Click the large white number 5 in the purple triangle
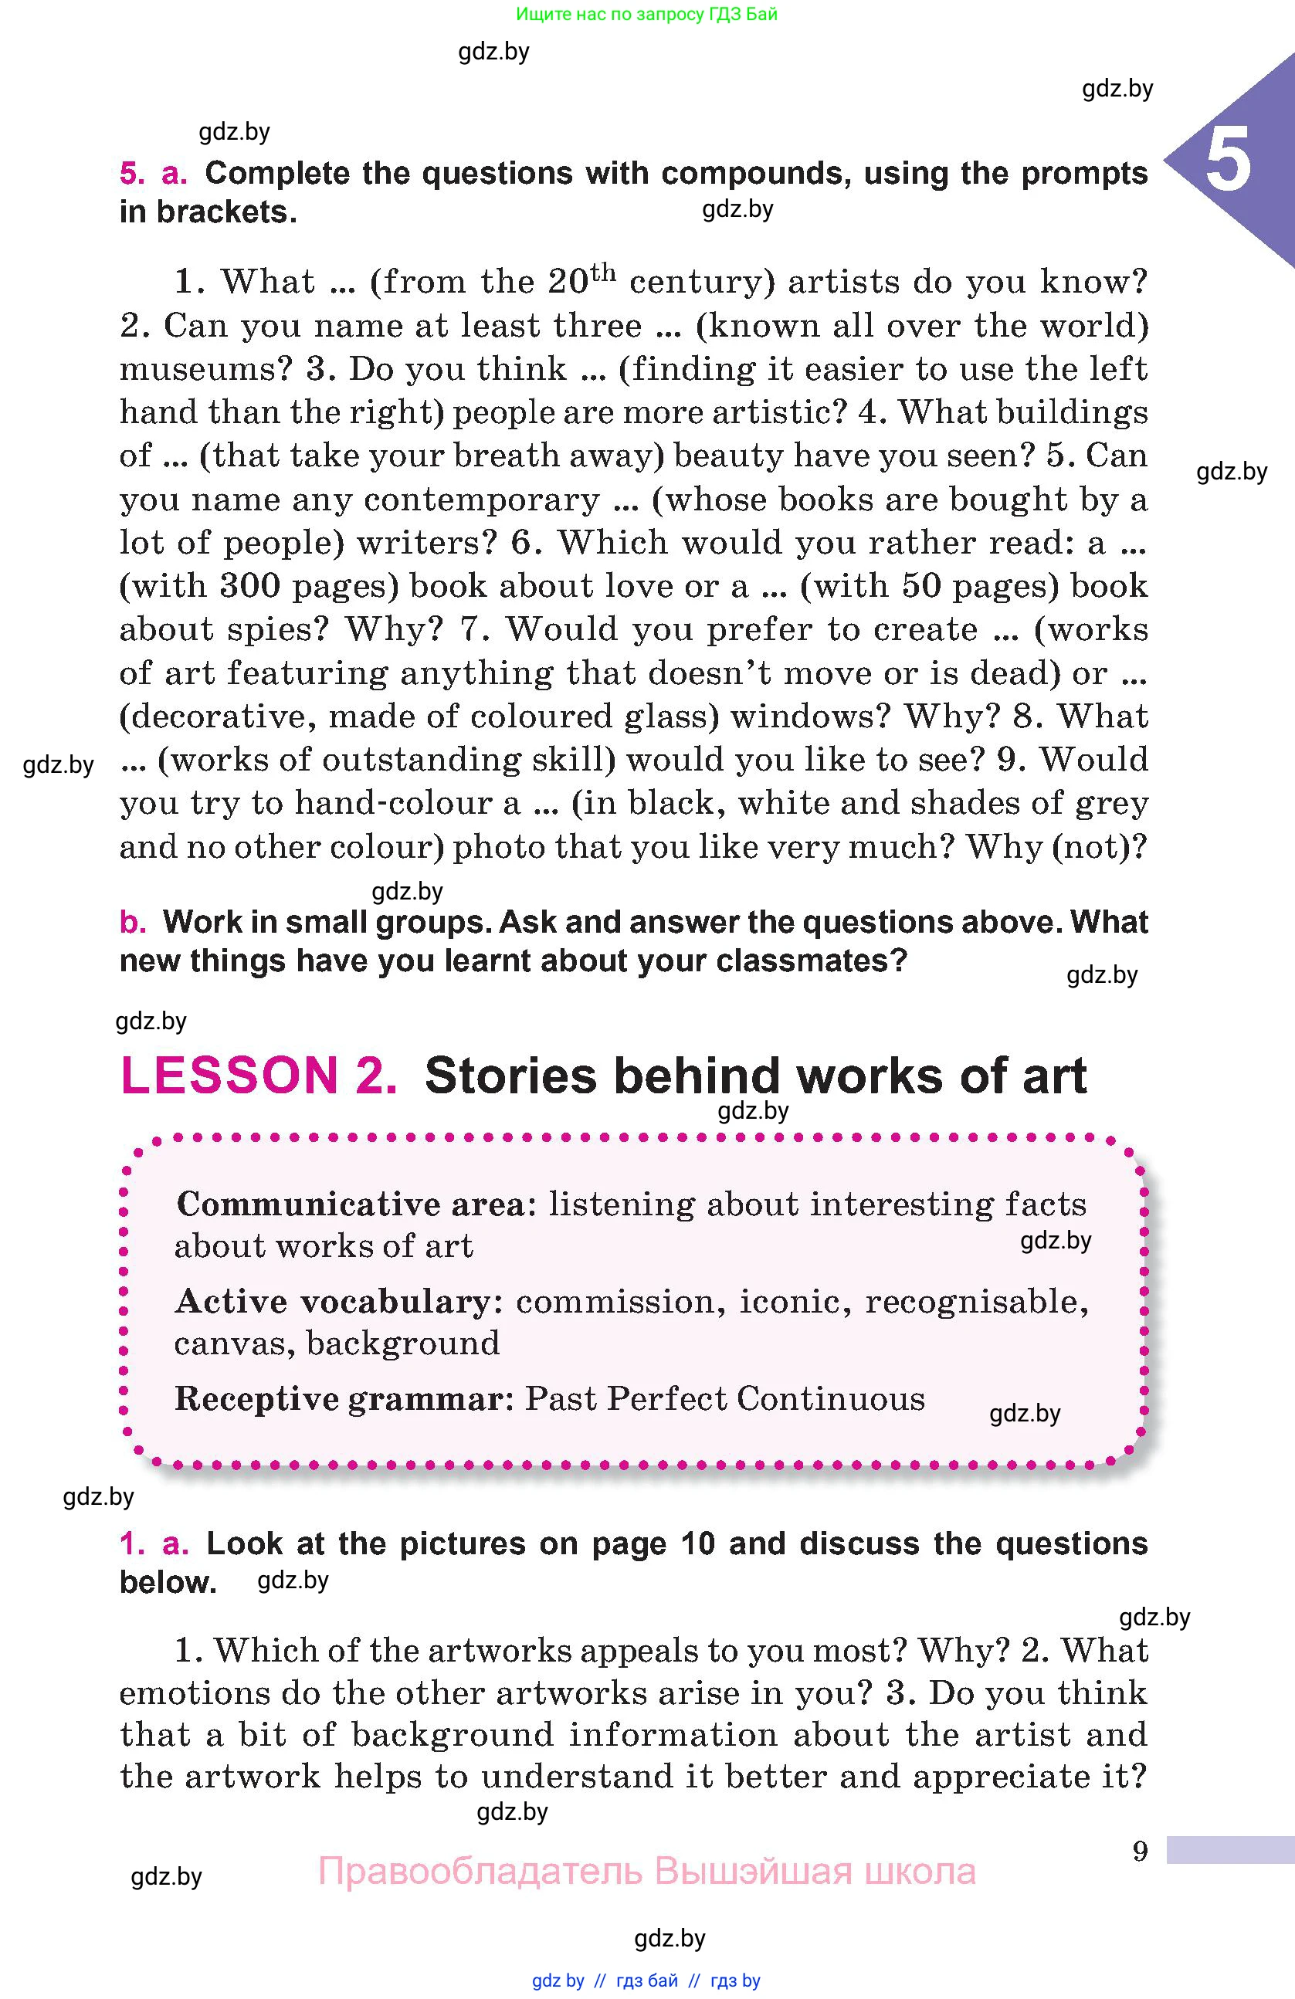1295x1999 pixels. (1228, 160)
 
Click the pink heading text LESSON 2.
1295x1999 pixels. (259, 1076)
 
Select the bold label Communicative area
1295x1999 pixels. (351, 1204)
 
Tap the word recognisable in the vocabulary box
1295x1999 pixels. (976, 1302)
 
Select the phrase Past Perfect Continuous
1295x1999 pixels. (725, 1399)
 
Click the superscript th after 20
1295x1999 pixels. (603, 273)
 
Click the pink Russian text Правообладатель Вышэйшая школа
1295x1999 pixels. (646, 1872)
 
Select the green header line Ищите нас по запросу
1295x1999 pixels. (646, 14)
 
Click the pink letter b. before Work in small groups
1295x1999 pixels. (132, 922)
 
